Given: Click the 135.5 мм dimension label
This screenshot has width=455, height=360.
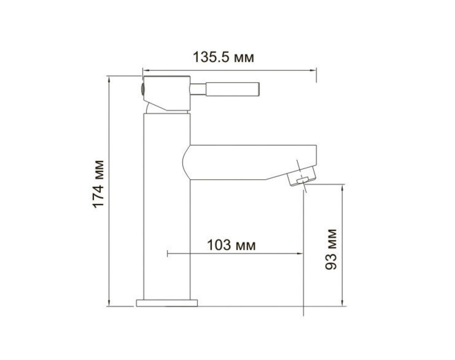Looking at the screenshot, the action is pyautogui.click(x=223, y=57).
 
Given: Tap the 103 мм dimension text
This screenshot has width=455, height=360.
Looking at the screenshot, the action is pyautogui.click(x=231, y=245).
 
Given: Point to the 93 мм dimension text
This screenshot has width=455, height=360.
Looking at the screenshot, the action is pyautogui.click(x=331, y=249).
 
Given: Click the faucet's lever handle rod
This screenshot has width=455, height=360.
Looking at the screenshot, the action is pyautogui.click(x=225, y=89).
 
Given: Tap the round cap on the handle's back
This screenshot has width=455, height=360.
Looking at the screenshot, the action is pyautogui.click(x=142, y=89).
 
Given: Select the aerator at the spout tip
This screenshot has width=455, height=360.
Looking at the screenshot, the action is pyautogui.click(x=301, y=176).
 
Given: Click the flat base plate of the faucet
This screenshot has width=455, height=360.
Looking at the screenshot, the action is pyautogui.click(x=167, y=303).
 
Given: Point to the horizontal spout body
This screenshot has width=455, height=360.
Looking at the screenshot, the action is pyautogui.click(x=249, y=162).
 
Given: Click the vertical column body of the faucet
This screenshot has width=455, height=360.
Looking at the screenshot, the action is pyautogui.click(x=167, y=207).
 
